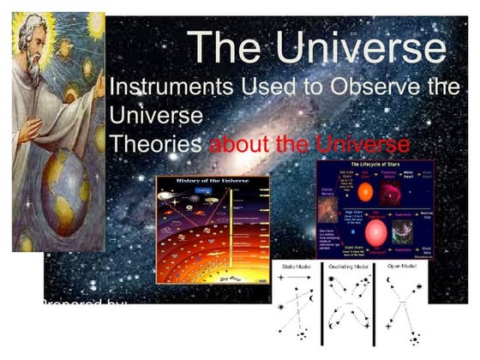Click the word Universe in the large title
(x=371, y=46)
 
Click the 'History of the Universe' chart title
(x=213, y=181)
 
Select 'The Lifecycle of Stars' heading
(x=375, y=165)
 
